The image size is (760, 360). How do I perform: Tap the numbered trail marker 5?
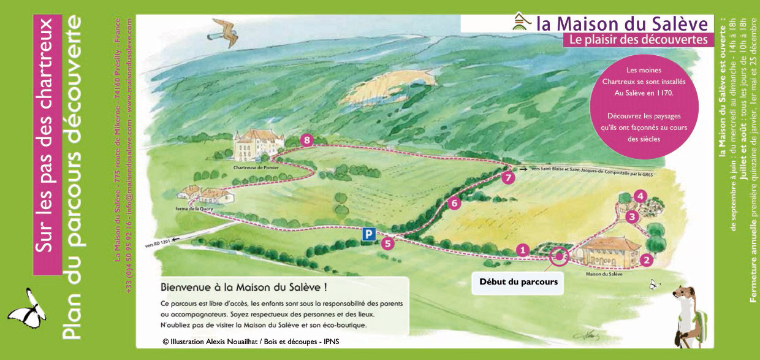pyautogui.click(x=387, y=243)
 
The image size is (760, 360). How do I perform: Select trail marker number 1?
pyautogui.click(x=522, y=250)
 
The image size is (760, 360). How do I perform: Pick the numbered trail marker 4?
pyautogui.click(x=640, y=196)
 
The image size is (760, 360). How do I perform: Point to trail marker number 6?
pyautogui.click(x=454, y=204)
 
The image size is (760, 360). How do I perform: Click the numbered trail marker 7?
pyautogui.click(x=507, y=178)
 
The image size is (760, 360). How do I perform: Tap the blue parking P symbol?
pyautogui.click(x=369, y=234)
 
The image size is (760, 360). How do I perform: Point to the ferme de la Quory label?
pyautogui.click(x=191, y=209)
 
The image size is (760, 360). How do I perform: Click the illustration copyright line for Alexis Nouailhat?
pyautogui.click(x=249, y=341)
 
